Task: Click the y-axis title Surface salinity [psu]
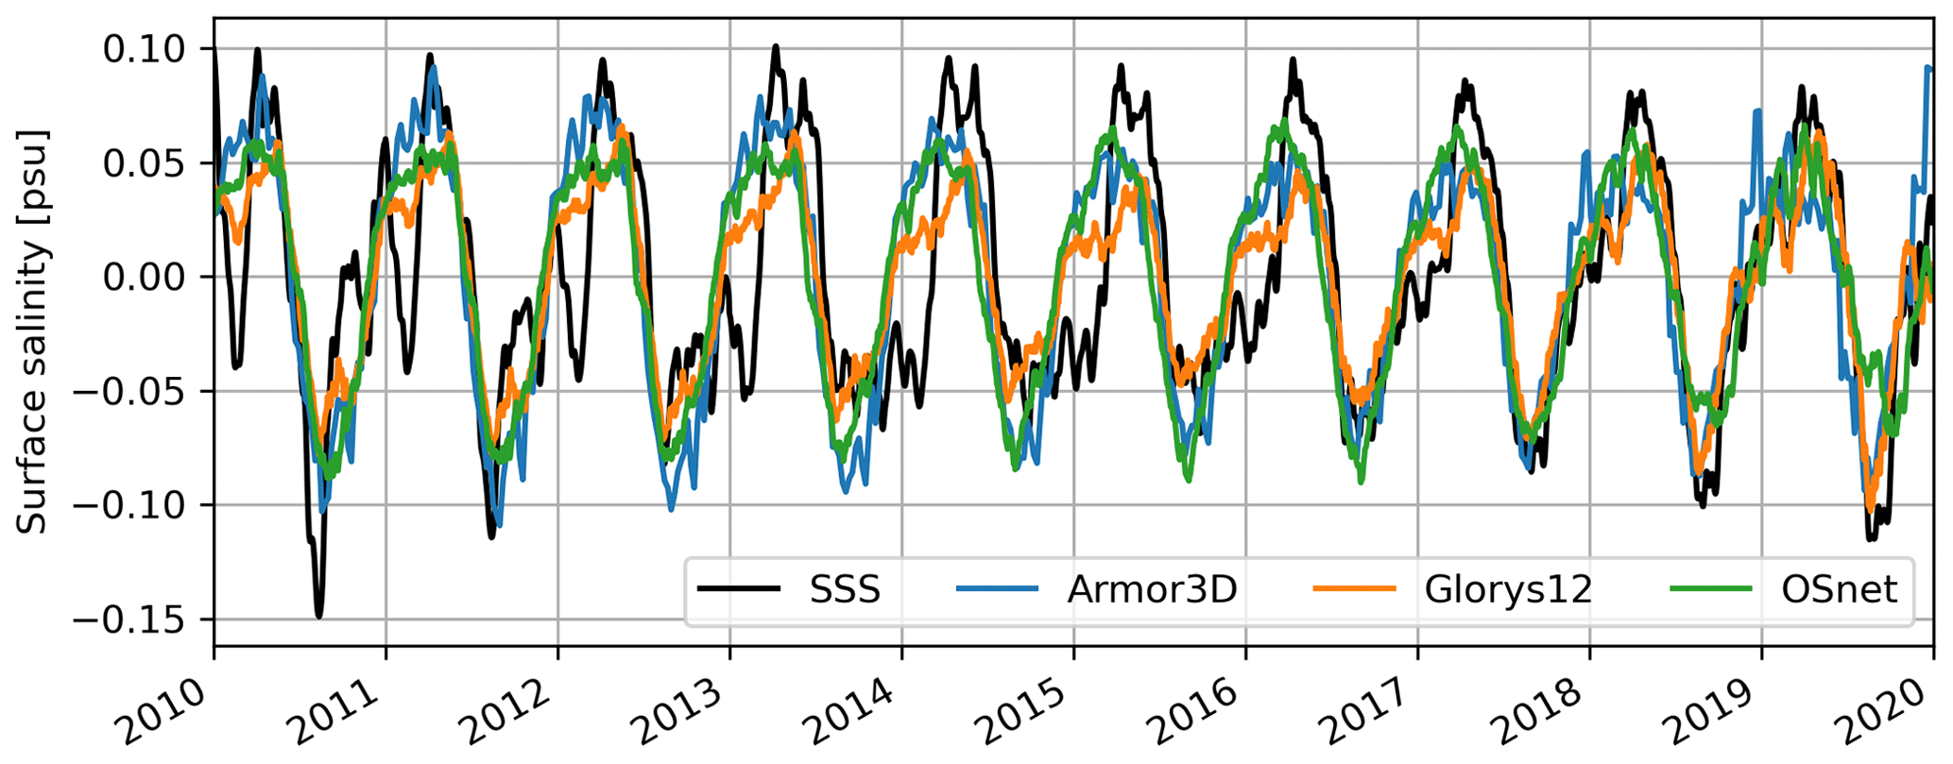(x=33, y=331)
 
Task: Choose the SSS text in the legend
(x=845, y=590)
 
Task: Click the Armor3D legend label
(x=1152, y=590)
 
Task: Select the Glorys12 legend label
(x=1508, y=590)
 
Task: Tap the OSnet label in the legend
(x=1839, y=590)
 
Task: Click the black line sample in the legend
(x=739, y=590)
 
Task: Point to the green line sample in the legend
(x=1711, y=590)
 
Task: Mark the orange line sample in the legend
(x=1354, y=590)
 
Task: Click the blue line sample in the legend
(x=997, y=590)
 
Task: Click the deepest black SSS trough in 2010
(x=319, y=616)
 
